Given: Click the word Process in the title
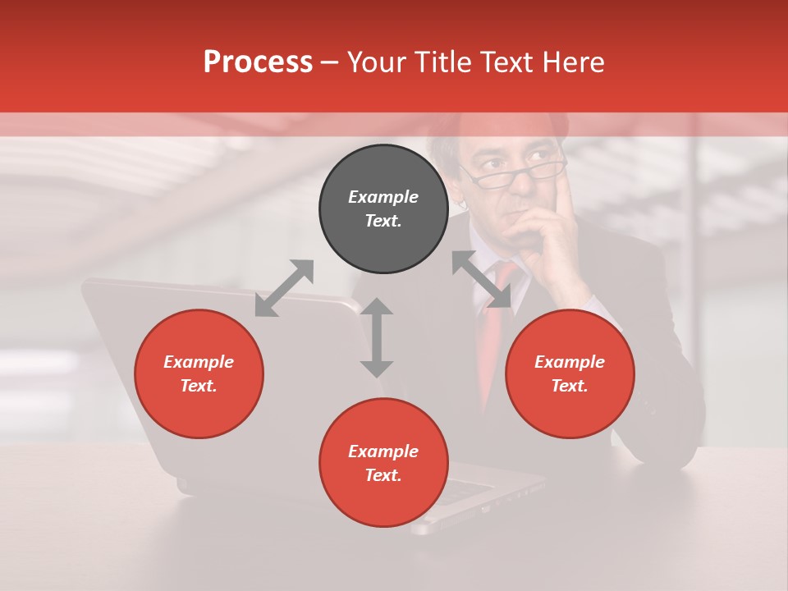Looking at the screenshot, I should coord(258,62).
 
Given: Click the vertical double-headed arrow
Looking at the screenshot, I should coord(377,337).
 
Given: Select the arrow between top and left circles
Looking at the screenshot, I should coord(284,288).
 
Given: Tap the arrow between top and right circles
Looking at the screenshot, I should coord(481,280).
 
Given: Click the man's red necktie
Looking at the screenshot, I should coord(492,337).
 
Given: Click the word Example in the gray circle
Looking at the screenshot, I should coord(383,197).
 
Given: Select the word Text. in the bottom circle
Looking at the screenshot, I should coord(383,475).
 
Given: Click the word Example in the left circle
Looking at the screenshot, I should coord(199,362).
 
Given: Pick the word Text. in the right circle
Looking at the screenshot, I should coord(570,386).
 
